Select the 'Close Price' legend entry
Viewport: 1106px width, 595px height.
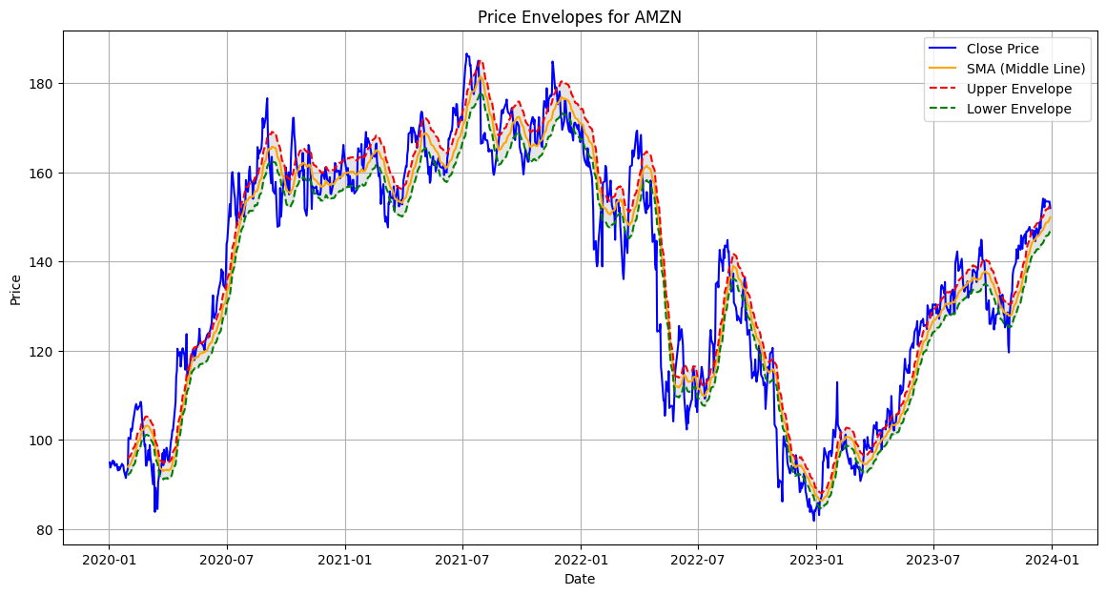(1002, 49)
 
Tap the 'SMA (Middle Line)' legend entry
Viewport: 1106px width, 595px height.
(1025, 69)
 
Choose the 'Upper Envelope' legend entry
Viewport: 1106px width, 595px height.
(1018, 89)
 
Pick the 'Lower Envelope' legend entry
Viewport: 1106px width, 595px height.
(1018, 109)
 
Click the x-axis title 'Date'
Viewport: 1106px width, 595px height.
(579, 579)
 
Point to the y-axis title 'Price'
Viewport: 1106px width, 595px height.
(15, 290)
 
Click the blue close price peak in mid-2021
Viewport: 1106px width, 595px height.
(466, 54)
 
